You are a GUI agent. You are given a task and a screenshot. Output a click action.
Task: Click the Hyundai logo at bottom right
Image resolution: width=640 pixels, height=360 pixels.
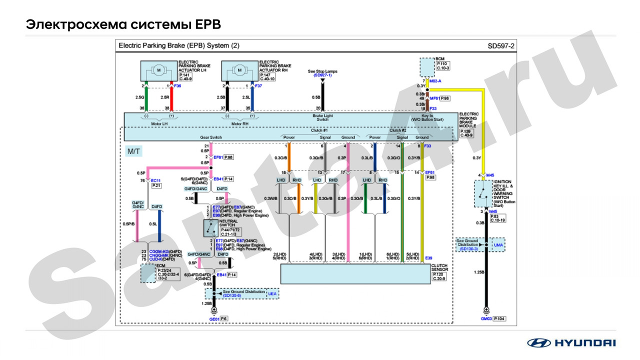571,343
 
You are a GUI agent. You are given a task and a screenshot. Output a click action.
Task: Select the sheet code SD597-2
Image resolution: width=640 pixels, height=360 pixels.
501,46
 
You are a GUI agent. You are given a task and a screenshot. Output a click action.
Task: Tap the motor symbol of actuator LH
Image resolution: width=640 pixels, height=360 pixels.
158,70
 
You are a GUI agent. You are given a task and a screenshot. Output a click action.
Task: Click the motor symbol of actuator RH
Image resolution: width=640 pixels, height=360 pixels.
239,70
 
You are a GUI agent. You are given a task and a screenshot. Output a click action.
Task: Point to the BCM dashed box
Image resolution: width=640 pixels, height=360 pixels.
426,66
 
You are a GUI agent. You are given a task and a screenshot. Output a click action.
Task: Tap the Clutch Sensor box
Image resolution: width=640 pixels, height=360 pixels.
355,274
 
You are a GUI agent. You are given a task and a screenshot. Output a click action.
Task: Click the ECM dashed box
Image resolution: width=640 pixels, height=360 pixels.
147,273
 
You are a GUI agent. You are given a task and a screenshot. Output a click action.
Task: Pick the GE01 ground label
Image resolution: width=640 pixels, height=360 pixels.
214,318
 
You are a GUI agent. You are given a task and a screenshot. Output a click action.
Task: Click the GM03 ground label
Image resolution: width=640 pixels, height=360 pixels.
485,318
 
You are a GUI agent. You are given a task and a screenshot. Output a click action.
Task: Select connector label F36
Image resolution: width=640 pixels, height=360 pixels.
177,86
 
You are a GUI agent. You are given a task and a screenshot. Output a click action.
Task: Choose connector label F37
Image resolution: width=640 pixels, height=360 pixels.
258,86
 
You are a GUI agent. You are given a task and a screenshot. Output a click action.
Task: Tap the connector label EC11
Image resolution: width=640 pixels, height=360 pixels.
155,180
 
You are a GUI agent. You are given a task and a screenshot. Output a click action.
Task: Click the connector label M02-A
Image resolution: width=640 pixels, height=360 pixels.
435,80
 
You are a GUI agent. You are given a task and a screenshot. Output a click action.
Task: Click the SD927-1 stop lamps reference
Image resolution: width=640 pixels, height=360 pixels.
322,75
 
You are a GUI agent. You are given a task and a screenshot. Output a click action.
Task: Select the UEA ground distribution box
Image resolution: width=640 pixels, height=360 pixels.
272,294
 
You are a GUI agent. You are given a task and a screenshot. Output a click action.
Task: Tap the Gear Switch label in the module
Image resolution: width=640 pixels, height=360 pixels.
211,137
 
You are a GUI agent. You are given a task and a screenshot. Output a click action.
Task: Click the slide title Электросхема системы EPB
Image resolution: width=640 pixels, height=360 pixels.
123,24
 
